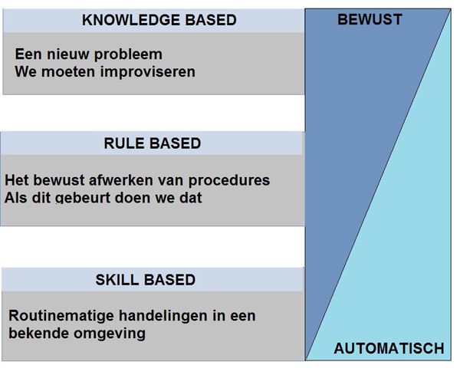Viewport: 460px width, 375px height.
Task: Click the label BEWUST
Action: tap(370, 20)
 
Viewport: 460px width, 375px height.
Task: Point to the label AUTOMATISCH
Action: tap(389, 348)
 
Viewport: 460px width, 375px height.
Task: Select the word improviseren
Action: tap(148, 72)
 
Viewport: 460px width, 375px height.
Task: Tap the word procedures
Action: tap(229, 181)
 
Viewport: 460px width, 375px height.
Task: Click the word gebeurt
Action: tap(83, 199)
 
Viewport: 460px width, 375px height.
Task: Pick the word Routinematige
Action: tap(61, 316)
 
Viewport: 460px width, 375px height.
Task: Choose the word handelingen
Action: tap(164, 316)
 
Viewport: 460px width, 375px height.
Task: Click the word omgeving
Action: tap(110, 334)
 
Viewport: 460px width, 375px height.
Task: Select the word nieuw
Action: tap(68, 54)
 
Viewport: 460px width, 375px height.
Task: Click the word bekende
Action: tap(39, 334)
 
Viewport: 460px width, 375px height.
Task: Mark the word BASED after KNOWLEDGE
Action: tap(211, 20)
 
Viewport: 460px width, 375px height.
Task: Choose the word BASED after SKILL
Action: tap(170, 280)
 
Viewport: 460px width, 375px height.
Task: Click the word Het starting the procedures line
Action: tap(17, 180)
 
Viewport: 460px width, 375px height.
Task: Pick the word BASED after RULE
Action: tap(176, 143)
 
